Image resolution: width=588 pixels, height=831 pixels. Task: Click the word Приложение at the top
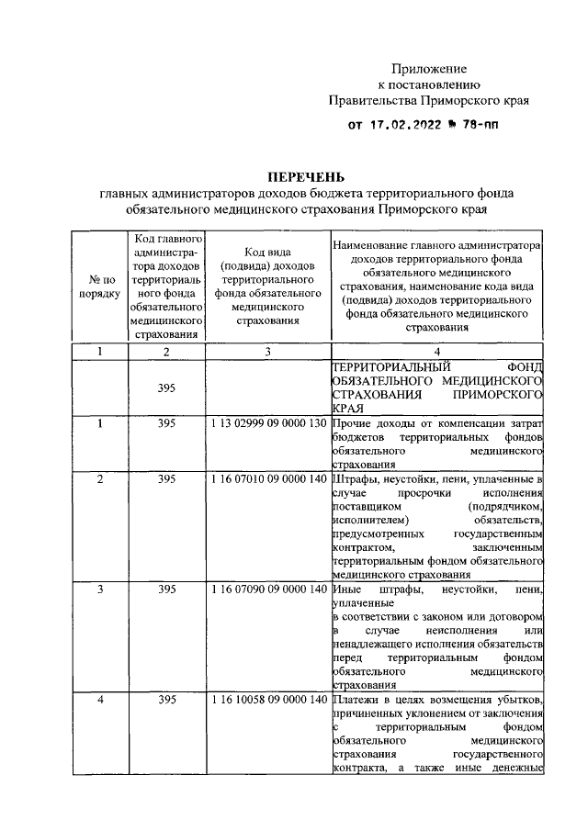pos(429,69)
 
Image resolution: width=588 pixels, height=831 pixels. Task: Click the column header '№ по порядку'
pos(97,286)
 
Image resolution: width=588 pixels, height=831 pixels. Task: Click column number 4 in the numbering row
pos(437,351)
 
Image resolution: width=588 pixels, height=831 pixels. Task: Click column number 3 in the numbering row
pos(267,351)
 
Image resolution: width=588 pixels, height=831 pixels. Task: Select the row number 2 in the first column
pos(99,479)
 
